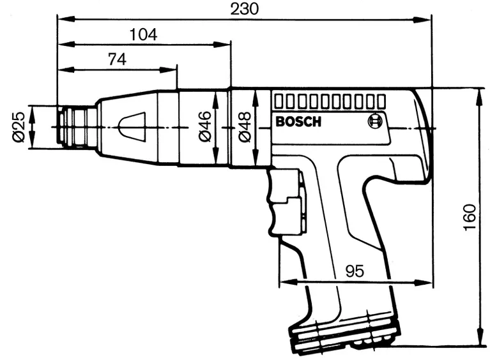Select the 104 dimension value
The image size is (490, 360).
pos(143,35)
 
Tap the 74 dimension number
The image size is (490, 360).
pos(116,59)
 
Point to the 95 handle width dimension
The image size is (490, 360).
pos(355,270)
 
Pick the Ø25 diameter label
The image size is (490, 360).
pos(19,127)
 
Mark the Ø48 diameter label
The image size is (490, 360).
pos(244,126)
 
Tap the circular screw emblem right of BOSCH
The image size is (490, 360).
pos(374,121)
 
